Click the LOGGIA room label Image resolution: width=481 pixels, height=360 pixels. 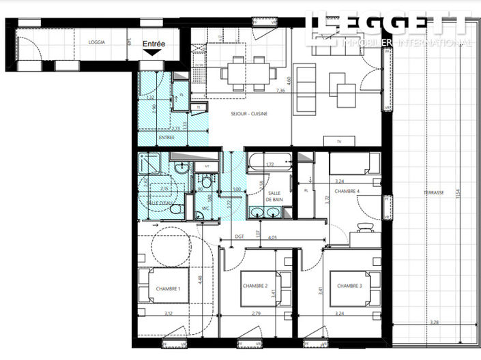pyautogui.click(x=97, y=42)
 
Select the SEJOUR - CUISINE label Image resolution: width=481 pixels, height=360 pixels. pyautogui.click(x=249, y=114)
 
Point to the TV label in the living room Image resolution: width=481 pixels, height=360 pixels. pyautogui.click(x=339, y=141)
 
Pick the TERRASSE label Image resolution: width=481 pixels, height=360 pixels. pyautogui.click(x=433, y=193)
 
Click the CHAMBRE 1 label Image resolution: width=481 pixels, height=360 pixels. pyautogui.click(x=167, y=288)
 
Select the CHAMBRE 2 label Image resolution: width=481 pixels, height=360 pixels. pyautogui.click(x=254, y=286)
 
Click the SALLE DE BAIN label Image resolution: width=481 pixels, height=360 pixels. pyautogui.click(x=274, y=196)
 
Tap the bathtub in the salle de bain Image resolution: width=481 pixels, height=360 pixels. pyautogui.click(x=268, y=164)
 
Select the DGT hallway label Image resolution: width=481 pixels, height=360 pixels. pyautogui.click(x=239, y=237)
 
